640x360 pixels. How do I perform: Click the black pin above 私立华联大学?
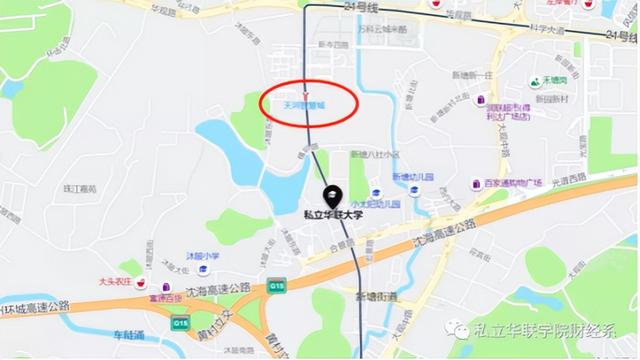point(329,196)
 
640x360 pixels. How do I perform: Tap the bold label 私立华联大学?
point(329,213)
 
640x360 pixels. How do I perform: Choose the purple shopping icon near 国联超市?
point(481,102)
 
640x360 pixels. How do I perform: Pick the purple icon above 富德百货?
point(157,284)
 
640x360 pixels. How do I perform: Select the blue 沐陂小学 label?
point(202,256)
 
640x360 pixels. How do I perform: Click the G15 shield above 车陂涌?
point(181,323)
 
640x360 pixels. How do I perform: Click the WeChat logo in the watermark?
point(456,329)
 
